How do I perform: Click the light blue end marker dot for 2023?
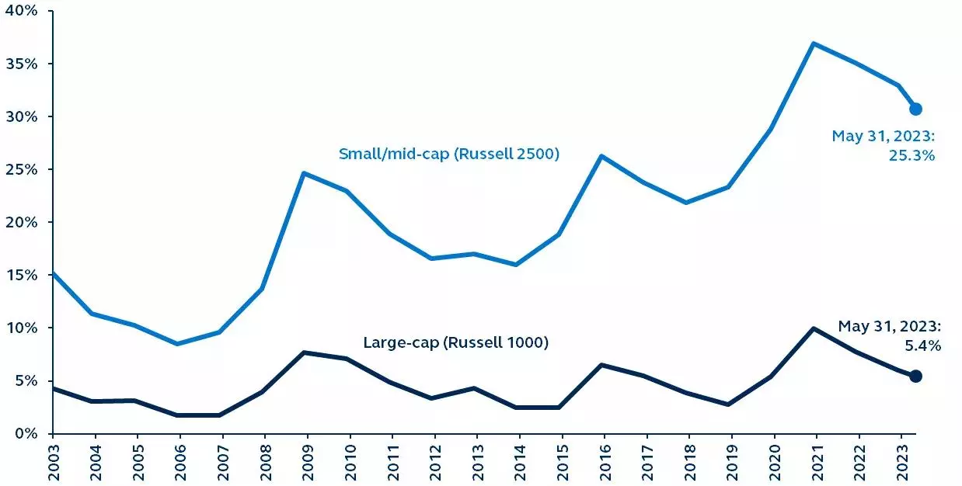915,109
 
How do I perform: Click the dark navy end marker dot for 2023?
915,376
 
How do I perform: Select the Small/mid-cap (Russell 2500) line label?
449,154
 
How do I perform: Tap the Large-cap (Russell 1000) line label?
456,342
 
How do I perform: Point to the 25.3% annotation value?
913,155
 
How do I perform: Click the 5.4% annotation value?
924,346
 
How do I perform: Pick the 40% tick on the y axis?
22,10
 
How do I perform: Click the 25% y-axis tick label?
22,169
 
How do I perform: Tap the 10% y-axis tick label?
22,328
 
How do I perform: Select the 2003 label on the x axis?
53,463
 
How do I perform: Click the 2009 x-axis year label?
306,463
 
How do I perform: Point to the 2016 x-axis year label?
601,463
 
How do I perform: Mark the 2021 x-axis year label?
813,463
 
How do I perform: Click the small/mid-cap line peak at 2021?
813,43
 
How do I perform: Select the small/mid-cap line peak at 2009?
305,173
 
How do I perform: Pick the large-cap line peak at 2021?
813,328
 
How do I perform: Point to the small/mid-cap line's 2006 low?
179,344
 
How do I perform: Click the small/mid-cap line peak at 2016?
601,156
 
